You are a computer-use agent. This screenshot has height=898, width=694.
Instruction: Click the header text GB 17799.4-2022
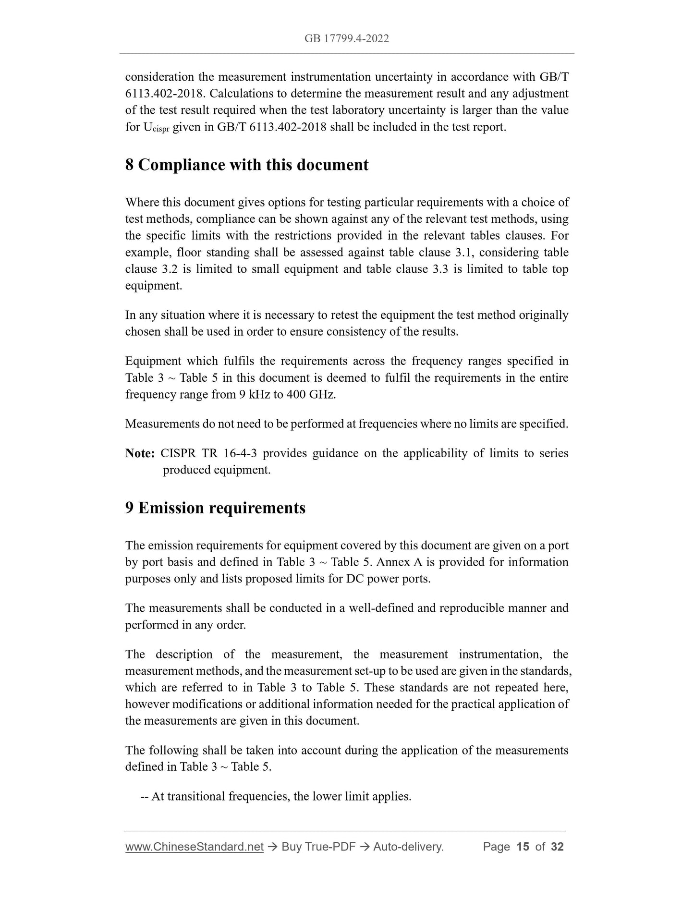tap(346, 38)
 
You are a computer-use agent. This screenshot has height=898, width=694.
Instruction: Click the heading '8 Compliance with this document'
tap(247, 165)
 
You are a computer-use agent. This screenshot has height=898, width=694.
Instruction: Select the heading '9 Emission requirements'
tap(215, 508)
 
